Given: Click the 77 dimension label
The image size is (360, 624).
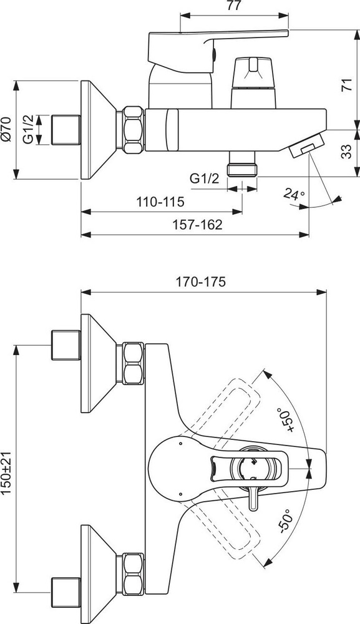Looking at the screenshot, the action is coord(234,7).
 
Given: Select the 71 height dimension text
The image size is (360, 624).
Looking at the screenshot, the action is coord(347,85).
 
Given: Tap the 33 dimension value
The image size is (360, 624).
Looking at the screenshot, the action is coord(347,151).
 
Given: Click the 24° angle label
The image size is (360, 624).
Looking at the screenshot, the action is coord(294,194).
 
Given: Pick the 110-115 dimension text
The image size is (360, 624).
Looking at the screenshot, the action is coord(161,202).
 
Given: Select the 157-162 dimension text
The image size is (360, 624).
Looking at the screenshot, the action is coord(198,225).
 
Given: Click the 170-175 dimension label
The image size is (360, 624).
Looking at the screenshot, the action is coord(201,282).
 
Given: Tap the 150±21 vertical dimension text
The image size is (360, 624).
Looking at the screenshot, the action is coord(7,474).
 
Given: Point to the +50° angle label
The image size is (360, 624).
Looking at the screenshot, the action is coord(287,419).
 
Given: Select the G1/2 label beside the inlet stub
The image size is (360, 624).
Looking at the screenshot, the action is coord(28,129).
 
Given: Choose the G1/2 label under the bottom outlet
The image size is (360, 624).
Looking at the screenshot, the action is coord(205,178).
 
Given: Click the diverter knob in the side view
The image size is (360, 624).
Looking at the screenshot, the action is coord(253,83).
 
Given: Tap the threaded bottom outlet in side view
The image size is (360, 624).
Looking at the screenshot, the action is coord(242,163).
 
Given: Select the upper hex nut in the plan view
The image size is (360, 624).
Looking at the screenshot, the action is coord(132,363).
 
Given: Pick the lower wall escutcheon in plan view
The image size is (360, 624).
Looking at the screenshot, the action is coord(99,574).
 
